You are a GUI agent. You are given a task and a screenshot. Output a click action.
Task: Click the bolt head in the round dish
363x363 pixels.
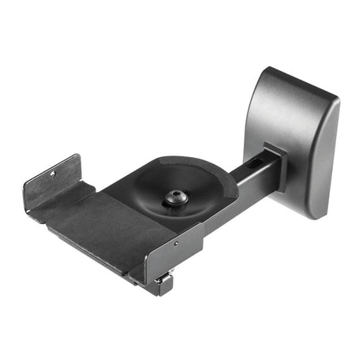pyautogui.click(x=174, y=200)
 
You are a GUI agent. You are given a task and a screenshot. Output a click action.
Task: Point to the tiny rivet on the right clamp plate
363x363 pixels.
pyautogui.click(x=175, y=244)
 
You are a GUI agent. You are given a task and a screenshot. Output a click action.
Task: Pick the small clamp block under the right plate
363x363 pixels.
pyautogui.click(x=164, y=282)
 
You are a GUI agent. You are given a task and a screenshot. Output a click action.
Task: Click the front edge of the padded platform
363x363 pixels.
pyautogui.click(x=87, y=251)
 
